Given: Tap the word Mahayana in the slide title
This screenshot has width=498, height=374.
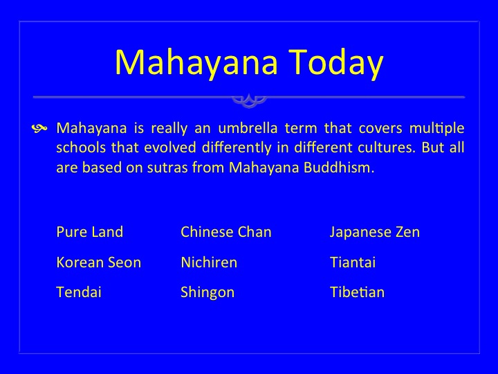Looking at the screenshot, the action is click(196, 62).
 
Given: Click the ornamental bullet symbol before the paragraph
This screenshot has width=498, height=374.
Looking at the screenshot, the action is click(39, 128).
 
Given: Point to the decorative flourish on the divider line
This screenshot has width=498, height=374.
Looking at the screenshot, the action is click(249, 100).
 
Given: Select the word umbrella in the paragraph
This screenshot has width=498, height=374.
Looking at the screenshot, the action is click(248, 128).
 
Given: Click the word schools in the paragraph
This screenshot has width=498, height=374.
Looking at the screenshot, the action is click(81, 148).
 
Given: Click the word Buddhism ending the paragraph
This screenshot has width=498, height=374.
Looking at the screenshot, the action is click(339, 168).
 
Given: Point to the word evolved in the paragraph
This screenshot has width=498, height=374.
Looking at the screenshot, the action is click(170, 148).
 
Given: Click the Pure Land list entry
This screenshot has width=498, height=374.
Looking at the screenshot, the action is click(89, 232).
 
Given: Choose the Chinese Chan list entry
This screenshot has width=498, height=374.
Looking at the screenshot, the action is click(226, 232).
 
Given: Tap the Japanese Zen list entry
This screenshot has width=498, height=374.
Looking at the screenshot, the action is click(375, 233).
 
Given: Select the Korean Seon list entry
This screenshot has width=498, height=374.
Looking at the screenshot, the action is click(98, 262).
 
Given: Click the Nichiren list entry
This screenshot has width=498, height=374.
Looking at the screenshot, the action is click(209, 262).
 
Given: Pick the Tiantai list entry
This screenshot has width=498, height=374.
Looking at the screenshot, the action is click(353, 262).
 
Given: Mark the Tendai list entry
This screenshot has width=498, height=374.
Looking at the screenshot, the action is click(79, 292).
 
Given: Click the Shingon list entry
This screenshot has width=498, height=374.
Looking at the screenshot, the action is click(207, 293).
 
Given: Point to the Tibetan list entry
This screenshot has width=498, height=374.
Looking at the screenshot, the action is click(358, 292).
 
